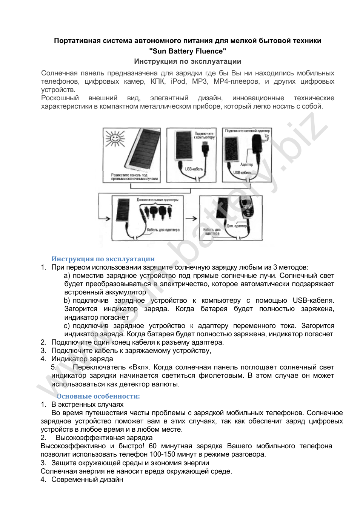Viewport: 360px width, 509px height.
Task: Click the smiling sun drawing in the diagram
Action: tap(115, 139)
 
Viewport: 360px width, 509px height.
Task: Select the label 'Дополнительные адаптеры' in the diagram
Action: tap(157, 200)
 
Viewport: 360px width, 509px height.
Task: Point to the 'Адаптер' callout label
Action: tap(247, 164)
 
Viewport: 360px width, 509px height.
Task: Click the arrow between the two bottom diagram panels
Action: tap(191, 218)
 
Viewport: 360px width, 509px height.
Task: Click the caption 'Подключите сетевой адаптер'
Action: tap(247, 131)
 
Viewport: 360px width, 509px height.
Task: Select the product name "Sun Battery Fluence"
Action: tap(188, 51)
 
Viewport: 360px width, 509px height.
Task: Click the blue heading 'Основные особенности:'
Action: tap(98, 396)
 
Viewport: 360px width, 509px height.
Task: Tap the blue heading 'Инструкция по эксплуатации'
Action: tap(103, 259)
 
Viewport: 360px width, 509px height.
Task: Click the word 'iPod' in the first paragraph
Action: tap(178, 81)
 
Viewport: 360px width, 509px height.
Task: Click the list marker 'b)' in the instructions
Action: tap(67, 300)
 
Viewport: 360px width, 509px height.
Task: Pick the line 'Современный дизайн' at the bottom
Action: tap(87, 480)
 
